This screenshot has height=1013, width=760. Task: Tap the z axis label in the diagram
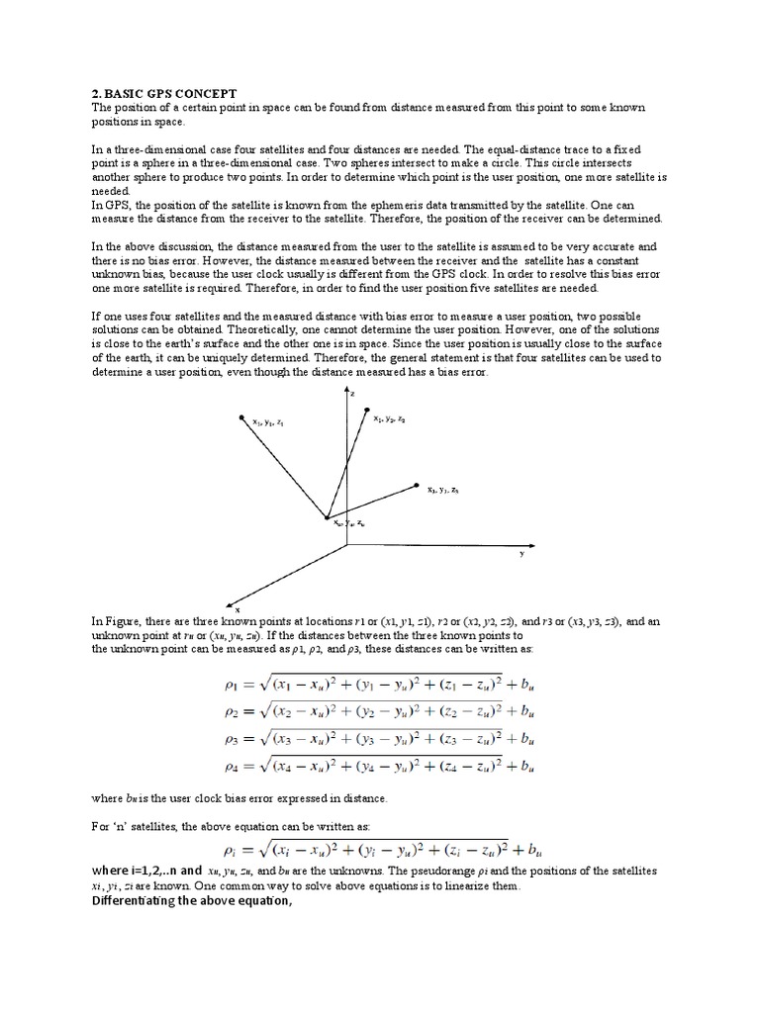(x=352, y=393)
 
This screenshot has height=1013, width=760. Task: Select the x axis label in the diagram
(x=237, y=609)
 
